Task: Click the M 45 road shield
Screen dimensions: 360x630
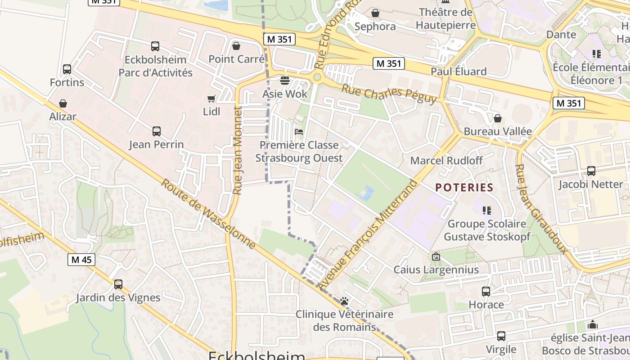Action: (81, 259)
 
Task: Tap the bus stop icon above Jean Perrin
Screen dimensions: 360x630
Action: (156, 131)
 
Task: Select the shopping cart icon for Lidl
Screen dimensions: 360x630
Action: (211, 99)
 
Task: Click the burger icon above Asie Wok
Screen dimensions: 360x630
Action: (284, 81)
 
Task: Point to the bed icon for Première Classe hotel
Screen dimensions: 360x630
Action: (298, 132)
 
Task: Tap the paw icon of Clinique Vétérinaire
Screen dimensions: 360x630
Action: (345, 301)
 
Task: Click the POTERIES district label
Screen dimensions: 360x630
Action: (464, 187)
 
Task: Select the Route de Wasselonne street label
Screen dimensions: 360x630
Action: (208, 214)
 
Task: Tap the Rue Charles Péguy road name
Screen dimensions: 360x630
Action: (389, 94)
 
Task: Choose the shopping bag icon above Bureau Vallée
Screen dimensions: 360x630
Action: (498, 118)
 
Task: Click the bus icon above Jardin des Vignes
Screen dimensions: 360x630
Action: (118, 284)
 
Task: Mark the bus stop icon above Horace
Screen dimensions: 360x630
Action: (486, 292)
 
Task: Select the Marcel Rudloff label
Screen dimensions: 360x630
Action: (446, 161)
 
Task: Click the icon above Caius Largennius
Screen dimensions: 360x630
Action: (436, 257)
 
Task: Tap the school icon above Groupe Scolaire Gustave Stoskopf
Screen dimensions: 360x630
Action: (486, 210)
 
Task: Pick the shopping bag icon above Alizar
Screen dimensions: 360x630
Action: (63, 103)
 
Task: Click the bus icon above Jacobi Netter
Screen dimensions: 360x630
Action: (591, 171)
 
